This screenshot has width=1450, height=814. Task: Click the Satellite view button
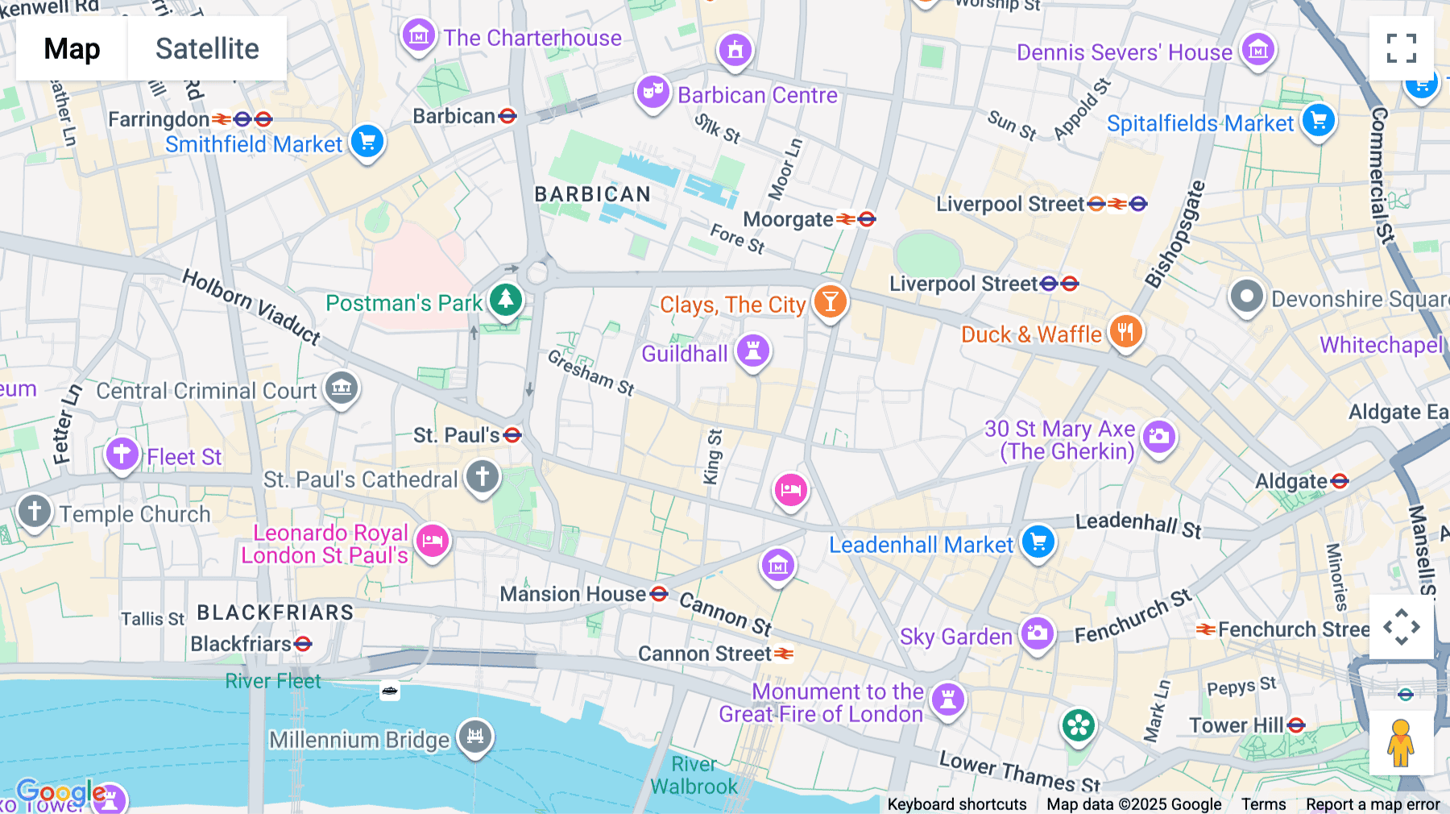click(x=207, y=48)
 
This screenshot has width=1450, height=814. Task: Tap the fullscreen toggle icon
click(x=1401, y=48)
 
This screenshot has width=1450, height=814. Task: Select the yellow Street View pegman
click(x=1401, y=743)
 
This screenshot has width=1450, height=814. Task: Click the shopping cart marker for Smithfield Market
click(x=367, y=141)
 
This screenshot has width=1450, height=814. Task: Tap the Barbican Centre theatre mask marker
click(x=652, y=91)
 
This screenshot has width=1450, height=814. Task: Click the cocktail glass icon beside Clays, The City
click(x=830, y=301)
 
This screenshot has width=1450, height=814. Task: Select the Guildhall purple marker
click(x=753, y=351)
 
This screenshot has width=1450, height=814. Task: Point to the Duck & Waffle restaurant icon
click(x=1125, y=330)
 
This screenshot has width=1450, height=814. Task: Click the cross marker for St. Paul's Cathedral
click(x=483, y=476)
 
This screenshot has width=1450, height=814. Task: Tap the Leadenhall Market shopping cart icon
click(x=1038, y=541)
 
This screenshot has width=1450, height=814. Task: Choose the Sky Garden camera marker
click(x=1038, y=633)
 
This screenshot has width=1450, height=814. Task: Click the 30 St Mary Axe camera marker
click(x=1158, y=437)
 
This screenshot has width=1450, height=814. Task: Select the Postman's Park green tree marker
click(x=506, y=299)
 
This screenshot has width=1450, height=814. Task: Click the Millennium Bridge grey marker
click(x=475, y=735)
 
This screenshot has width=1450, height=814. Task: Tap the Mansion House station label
click(x=573, y=594)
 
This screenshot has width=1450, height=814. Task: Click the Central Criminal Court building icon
click(x=341, y=388)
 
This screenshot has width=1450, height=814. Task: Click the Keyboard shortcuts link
click(x=956, y=804)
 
